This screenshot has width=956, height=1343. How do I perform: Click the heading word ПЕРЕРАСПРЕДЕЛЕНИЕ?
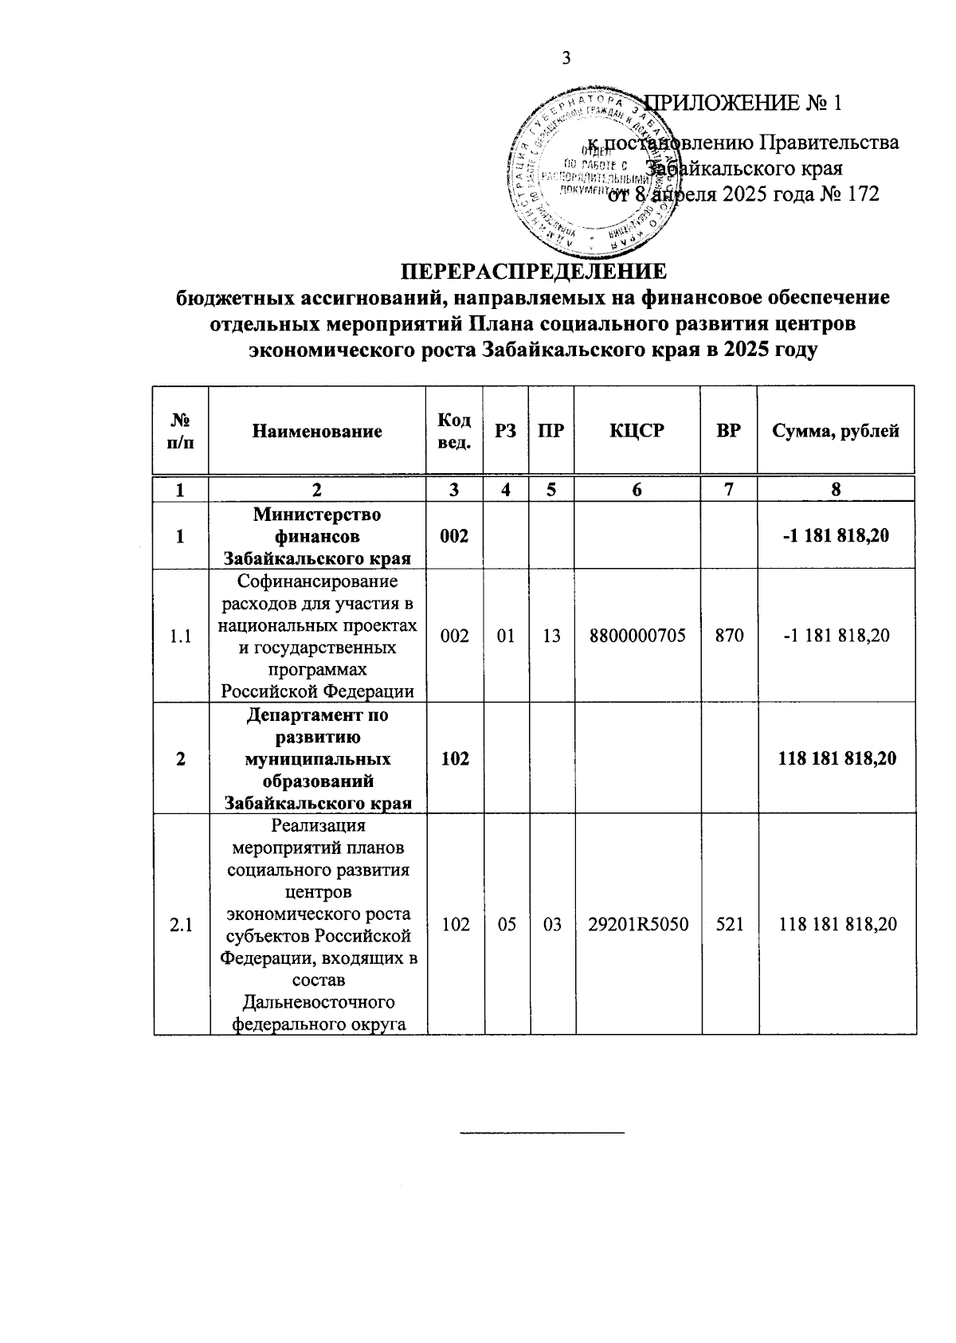pyautogui.click(x=532, y=272)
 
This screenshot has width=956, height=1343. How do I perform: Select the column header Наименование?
pyautogui.click(x=317, y=431)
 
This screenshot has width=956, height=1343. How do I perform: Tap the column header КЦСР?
pyautogui.click(x=637, y=431)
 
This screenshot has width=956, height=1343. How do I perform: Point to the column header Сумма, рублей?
pyautogui.click(x=836, y=431)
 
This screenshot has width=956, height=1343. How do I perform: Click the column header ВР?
pyautogui.click(x=729, y=431)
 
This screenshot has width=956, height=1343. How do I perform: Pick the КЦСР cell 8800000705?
pyautogui.click(x=637, y=636)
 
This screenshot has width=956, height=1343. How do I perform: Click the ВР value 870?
pyautogui.click(x=729, y=636)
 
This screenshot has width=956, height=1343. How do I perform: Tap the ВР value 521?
pyautogui.click(x=729, y=924)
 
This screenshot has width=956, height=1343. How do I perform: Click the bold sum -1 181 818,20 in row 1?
pyautogui.click(x=836, y=536)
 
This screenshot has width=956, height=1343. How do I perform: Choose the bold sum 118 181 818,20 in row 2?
pyautogui.click(x=837, y=758)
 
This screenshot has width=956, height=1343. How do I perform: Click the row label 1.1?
pyautogui.click(x=181, y=636)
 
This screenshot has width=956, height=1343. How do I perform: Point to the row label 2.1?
pyautogui.click(x=181, y=924)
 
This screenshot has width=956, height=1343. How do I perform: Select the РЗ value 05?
pyautogui.click(x=505, y=924)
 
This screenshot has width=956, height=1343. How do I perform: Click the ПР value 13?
pyautogui.click(x=550, y=636)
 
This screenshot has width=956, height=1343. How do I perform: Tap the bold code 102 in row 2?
pyautogui.click(x=454, y=758)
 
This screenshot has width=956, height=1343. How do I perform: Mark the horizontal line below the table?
pyautogui.click(x=543, y=1132)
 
